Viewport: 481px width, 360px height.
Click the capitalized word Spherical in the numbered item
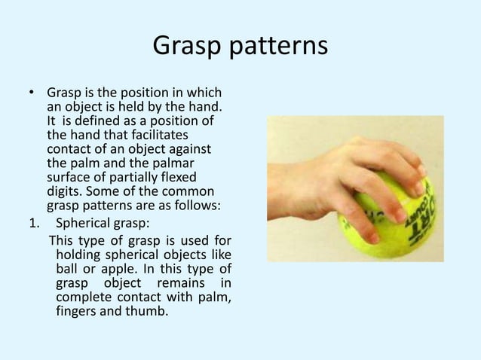84,221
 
